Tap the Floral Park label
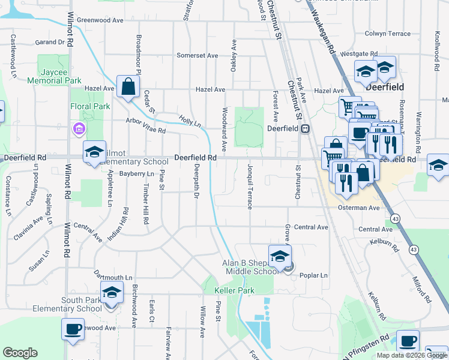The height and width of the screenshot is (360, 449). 90,106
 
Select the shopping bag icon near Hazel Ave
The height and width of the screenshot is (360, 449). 128,88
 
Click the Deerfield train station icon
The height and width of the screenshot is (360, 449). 305,128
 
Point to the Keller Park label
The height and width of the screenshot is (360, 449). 234,290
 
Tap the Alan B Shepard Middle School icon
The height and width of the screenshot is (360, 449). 280,257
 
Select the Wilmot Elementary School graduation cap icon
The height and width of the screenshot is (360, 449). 94,153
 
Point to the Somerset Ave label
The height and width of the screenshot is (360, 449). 197,55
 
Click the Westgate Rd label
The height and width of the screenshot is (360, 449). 359,53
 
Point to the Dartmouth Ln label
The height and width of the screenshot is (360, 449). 112,278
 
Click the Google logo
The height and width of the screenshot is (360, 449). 20,353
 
